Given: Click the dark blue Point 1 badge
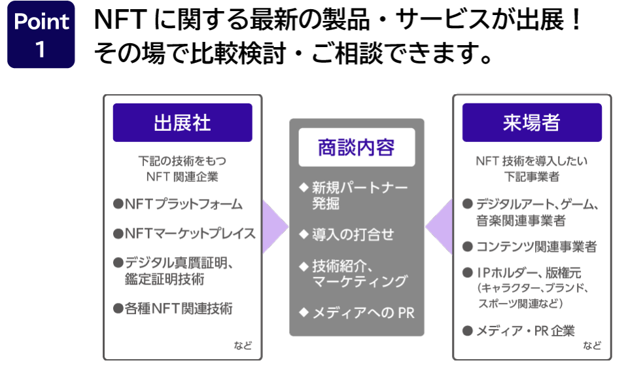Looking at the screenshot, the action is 41,34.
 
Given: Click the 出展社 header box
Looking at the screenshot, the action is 183,122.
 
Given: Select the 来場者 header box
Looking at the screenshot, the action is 532,122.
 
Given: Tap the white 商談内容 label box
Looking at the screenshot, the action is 356,147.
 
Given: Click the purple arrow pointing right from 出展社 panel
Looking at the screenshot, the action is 274,227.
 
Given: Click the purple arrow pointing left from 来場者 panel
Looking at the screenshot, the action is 439,227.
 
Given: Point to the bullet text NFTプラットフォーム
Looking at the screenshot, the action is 184,204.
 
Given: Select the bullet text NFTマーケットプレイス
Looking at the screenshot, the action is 190,233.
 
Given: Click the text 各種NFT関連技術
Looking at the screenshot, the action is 179,308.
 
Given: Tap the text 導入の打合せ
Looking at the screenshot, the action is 353,234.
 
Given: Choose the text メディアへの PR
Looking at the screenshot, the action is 363,313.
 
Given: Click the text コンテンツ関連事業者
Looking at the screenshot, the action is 536,247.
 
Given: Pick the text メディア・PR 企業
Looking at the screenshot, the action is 525,330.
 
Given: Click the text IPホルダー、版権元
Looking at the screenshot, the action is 529,272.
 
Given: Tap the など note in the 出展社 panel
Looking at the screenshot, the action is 243,345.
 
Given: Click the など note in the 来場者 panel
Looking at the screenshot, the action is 592,345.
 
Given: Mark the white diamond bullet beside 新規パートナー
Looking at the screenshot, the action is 304,187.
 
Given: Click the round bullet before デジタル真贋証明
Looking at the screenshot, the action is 118,263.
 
